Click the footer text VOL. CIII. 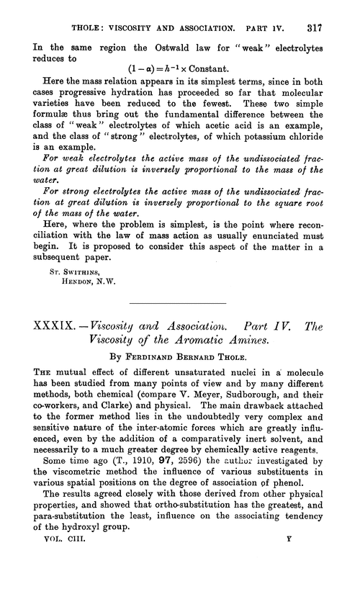56,558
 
